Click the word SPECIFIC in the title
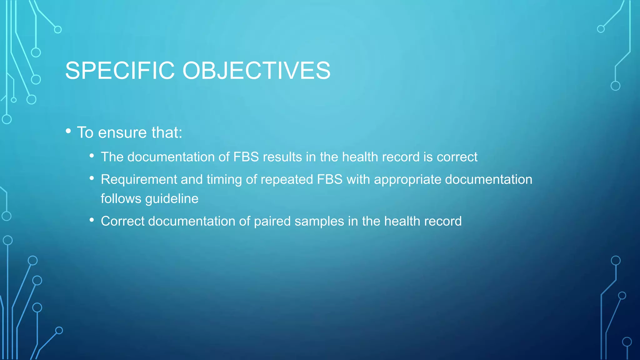(120, 71)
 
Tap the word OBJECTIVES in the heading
(256, 71)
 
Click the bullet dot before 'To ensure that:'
(68, 131)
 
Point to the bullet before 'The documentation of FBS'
(92, 155)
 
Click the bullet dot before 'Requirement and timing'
(92, 178)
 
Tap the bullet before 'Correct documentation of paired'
(92, 220)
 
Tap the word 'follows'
(121, 199)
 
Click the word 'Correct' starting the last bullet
(122, 221)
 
